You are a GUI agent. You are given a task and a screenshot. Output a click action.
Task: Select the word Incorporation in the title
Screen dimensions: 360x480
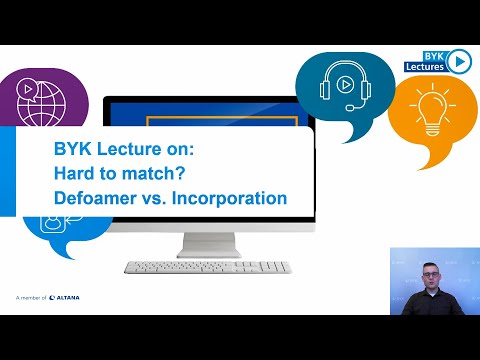point(229,198)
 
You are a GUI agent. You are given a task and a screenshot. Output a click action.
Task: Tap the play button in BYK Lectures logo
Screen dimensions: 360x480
point(459,61)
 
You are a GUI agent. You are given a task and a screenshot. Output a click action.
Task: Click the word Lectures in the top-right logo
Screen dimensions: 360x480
point(424,67)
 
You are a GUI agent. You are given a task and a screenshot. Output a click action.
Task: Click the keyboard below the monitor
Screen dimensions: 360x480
point(207,267)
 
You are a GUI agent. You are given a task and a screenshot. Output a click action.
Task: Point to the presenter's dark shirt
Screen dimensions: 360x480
point(427,304)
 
